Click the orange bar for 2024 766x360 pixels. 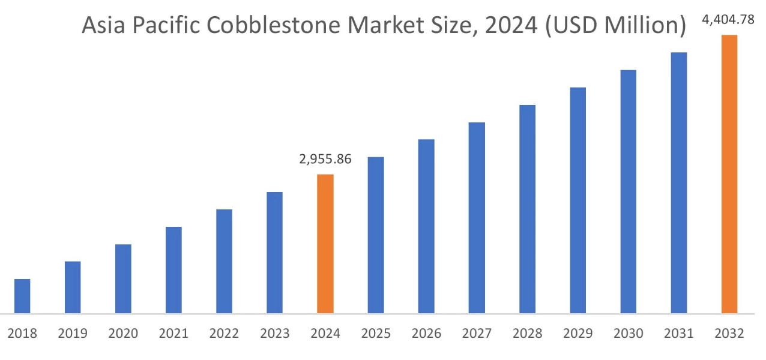pyautogui.click(x=325, y=244)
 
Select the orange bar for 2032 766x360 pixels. pyautogui.click(x=729, y=174)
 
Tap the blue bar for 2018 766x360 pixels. pyautogui.click(x=22, y=296)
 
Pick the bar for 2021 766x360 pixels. pyautogui.click(x=173, y=270)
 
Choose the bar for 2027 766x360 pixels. pyautogui.click(x=477, y=218)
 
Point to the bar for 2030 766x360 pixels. pyautogui.click(x=629, y=191)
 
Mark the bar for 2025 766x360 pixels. pyautogui.click(x=376, y=235)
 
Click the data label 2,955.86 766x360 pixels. pyautogui.click(x=325, y=160)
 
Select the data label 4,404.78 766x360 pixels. pyautogui.click(x=728, y=20)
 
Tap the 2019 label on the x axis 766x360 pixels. pyautogui.click(x=73, y=334)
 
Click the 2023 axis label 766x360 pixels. pyautogui.click(x=274, y=334)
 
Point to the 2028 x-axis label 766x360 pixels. pyautogui.click(x=527, y=334)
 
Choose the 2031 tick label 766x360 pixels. pyautogui.click(x=678, y=334)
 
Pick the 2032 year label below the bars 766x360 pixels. pyautogui.click(x=729, y=334)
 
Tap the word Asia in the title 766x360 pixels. pyautogui.click(x=103, y=26)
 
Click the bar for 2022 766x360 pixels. pyautogui.click(x=224, y=261)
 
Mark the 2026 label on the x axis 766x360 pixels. pyautogui.click(x=426, y=334)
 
